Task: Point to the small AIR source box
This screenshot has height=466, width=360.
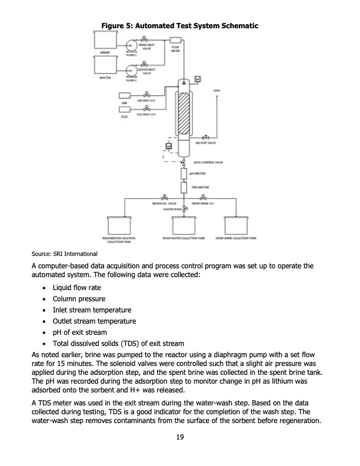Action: (x=124, y=95)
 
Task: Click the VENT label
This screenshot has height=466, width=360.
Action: (x=216, y=91)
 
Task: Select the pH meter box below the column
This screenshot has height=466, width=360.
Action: (x=184, y=174)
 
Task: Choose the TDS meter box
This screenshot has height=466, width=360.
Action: (x=184, y=188)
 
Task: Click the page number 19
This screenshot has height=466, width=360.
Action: (x=179, y=437)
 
